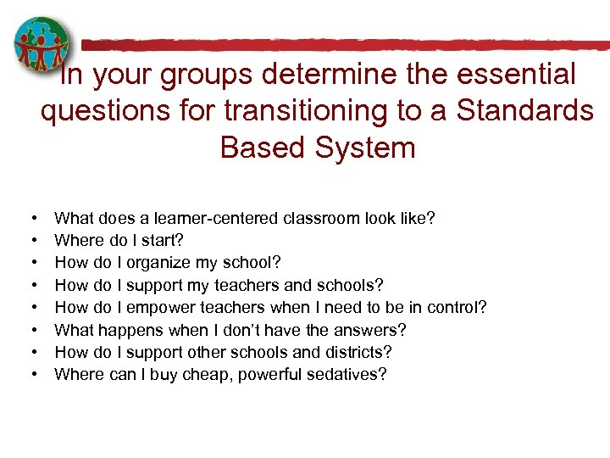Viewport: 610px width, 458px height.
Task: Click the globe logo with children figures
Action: [42, 45]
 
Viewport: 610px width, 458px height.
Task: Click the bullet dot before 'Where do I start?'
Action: [31, 241]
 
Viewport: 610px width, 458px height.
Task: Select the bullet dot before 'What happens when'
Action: [31, 329]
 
